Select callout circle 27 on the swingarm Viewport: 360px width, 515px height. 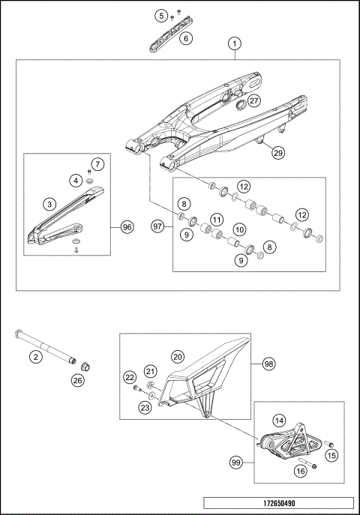pos(254,101)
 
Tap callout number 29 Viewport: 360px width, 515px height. pos(277,153)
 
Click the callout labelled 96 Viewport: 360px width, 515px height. pos(126,226)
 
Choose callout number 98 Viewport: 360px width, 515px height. pos(268,364)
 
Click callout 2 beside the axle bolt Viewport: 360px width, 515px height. pos(34,357)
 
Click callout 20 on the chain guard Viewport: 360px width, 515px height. pos(177,357)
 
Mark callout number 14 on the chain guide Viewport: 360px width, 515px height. pos(278,421)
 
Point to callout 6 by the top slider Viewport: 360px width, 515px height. pos(186,37)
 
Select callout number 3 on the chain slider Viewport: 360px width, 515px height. pos(49,204)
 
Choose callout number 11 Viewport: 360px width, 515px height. pos(217,220)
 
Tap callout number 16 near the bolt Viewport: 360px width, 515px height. pos(299,472)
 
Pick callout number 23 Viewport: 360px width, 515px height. pos(145,407)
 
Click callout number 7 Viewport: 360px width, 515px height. pos(98,164)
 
